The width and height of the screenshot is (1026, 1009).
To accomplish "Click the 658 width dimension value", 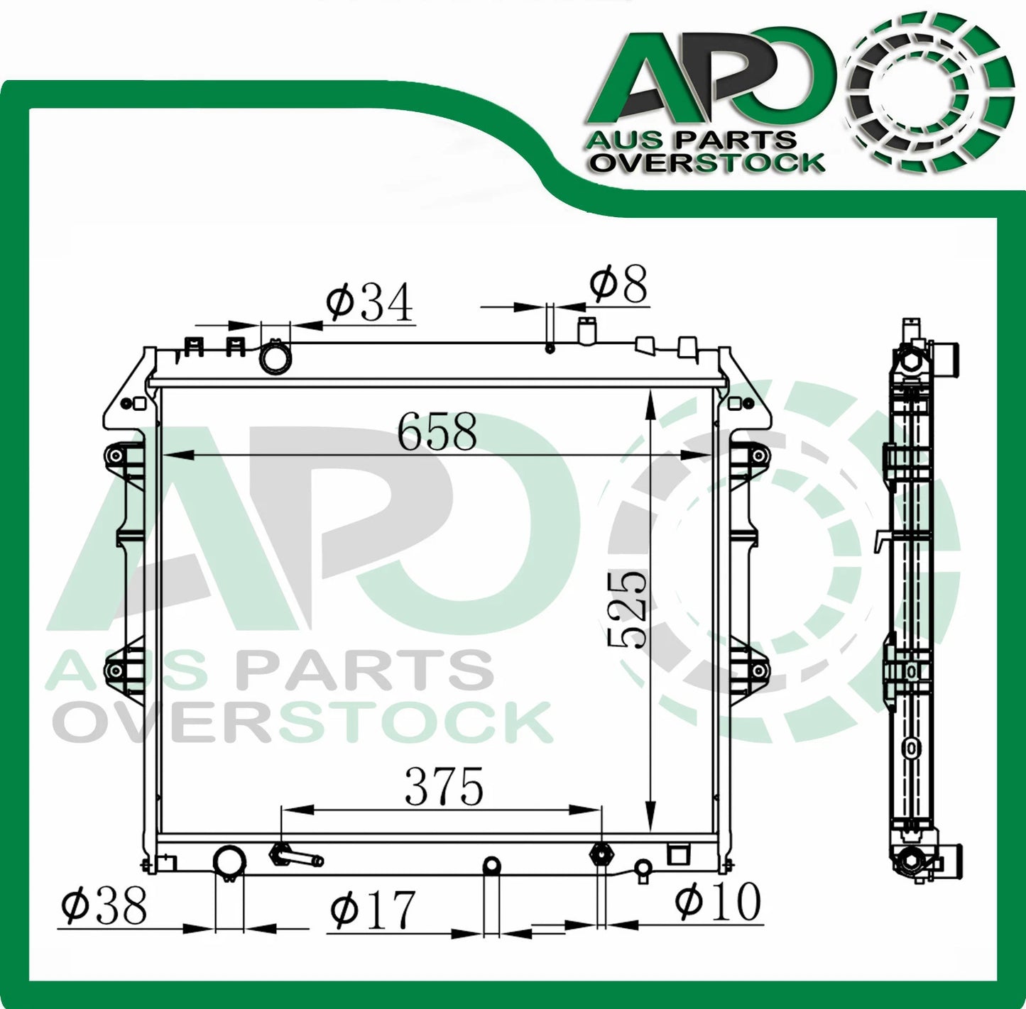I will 437,431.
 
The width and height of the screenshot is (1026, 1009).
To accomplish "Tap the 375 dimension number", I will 444,787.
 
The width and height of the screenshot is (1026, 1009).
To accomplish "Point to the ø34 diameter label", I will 369,304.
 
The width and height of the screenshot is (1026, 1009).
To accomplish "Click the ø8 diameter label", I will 618,285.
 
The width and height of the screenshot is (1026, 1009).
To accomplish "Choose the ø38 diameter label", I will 104,906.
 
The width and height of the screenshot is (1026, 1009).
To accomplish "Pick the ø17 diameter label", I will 372,910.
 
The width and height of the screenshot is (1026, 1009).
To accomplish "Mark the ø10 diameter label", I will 717,901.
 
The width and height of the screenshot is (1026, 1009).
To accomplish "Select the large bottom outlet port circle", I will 229,861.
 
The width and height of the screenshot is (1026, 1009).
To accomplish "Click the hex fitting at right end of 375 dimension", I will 601,854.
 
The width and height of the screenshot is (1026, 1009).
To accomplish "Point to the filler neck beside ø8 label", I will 587,331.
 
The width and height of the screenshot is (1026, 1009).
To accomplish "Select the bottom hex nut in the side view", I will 911,861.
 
